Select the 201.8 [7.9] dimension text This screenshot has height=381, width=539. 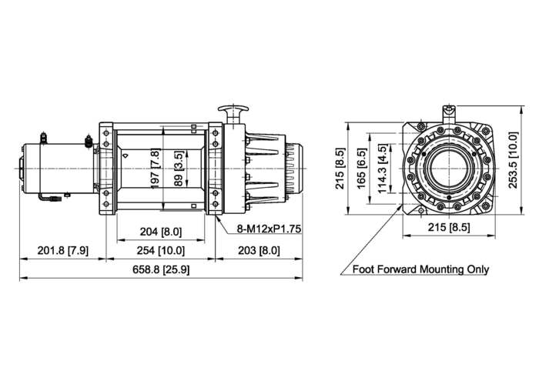(63, 251)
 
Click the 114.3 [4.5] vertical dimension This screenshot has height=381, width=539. (383, 165)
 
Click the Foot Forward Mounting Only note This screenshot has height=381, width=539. (420, 270)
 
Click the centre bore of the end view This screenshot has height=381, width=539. (448, 165)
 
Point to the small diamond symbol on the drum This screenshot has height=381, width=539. (124, 155)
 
